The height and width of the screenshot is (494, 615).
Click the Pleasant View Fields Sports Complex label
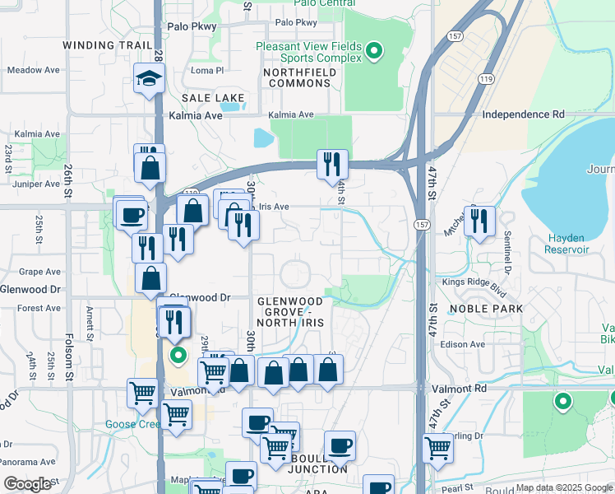click(308, 53)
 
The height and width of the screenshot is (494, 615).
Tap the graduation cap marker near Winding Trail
click(150, 79)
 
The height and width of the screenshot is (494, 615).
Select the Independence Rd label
click(524, 114)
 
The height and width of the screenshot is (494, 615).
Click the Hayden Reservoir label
click(567, 244)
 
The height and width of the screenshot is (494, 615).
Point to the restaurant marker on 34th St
click(332, 164)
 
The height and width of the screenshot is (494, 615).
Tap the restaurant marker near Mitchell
click(479, 221)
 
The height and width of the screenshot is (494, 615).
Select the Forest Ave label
click(39, 309)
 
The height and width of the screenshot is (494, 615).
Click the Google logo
click(28, 484)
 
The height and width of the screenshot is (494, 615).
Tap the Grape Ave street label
click(39, 272)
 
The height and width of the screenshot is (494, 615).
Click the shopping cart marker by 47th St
click(438, 448)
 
